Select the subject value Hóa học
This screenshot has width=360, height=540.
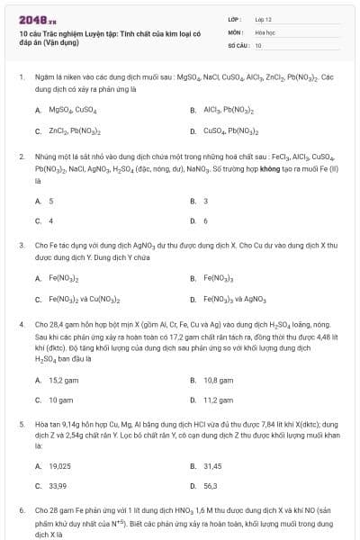pyautogui.click(x=265, y=31)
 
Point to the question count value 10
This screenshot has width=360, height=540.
pyautogui.click(x=258, y=44)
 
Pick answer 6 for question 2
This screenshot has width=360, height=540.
pyautogui.click(x=206, y=220)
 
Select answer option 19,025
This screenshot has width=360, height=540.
pyautogui.click(x=59, y=465)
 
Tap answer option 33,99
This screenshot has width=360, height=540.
pyautogui.click(x=58, y=486)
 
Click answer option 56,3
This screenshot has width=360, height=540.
pyautogui.click(x=211, y=486)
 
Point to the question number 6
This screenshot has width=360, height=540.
pyautogui.click(x=22, y=509)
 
